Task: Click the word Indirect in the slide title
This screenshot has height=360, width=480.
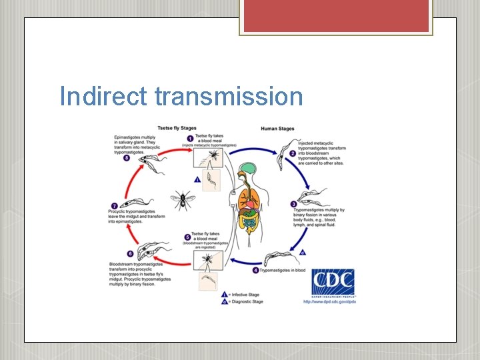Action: click(103, 97)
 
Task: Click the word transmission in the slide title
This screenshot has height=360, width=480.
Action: click(229, 97)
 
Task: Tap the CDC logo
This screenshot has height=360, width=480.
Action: click(333, 283)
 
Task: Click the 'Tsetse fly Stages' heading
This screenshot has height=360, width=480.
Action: click(177, 129)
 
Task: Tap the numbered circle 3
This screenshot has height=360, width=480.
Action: click(294, 205)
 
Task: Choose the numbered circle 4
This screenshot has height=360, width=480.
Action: click(255, 271)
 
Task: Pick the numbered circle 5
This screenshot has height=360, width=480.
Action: click(187, 237)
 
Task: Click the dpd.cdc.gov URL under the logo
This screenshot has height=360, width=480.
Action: click(329, 302)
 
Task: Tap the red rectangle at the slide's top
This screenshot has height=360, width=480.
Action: click(336, 16)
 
